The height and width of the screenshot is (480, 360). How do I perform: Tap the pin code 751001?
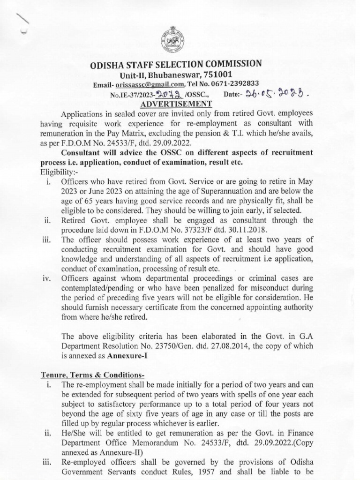click(x=217, y=75)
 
